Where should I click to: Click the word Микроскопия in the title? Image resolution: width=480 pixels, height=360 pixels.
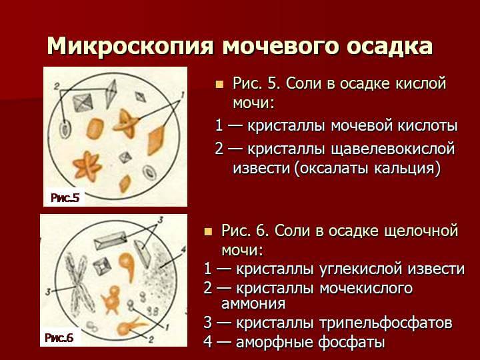pos(130,46)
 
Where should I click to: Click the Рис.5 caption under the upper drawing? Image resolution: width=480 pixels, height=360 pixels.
pos(65,198)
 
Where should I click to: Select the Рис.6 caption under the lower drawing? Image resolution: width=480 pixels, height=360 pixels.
pos(59,337)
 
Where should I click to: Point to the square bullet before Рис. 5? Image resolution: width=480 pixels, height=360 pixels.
pos(219,85)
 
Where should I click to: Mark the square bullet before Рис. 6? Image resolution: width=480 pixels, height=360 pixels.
pos(208,231)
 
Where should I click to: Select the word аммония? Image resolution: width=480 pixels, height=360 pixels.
pos(253,303)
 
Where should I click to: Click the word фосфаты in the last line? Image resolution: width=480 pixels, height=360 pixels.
pos(351,342)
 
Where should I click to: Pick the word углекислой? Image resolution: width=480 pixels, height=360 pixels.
pos(360,269)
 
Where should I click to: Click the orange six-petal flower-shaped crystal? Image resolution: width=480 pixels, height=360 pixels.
pos(87,165)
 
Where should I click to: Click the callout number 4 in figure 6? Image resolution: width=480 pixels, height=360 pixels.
pos(183,250)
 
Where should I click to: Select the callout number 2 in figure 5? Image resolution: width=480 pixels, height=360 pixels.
pos(57,87)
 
